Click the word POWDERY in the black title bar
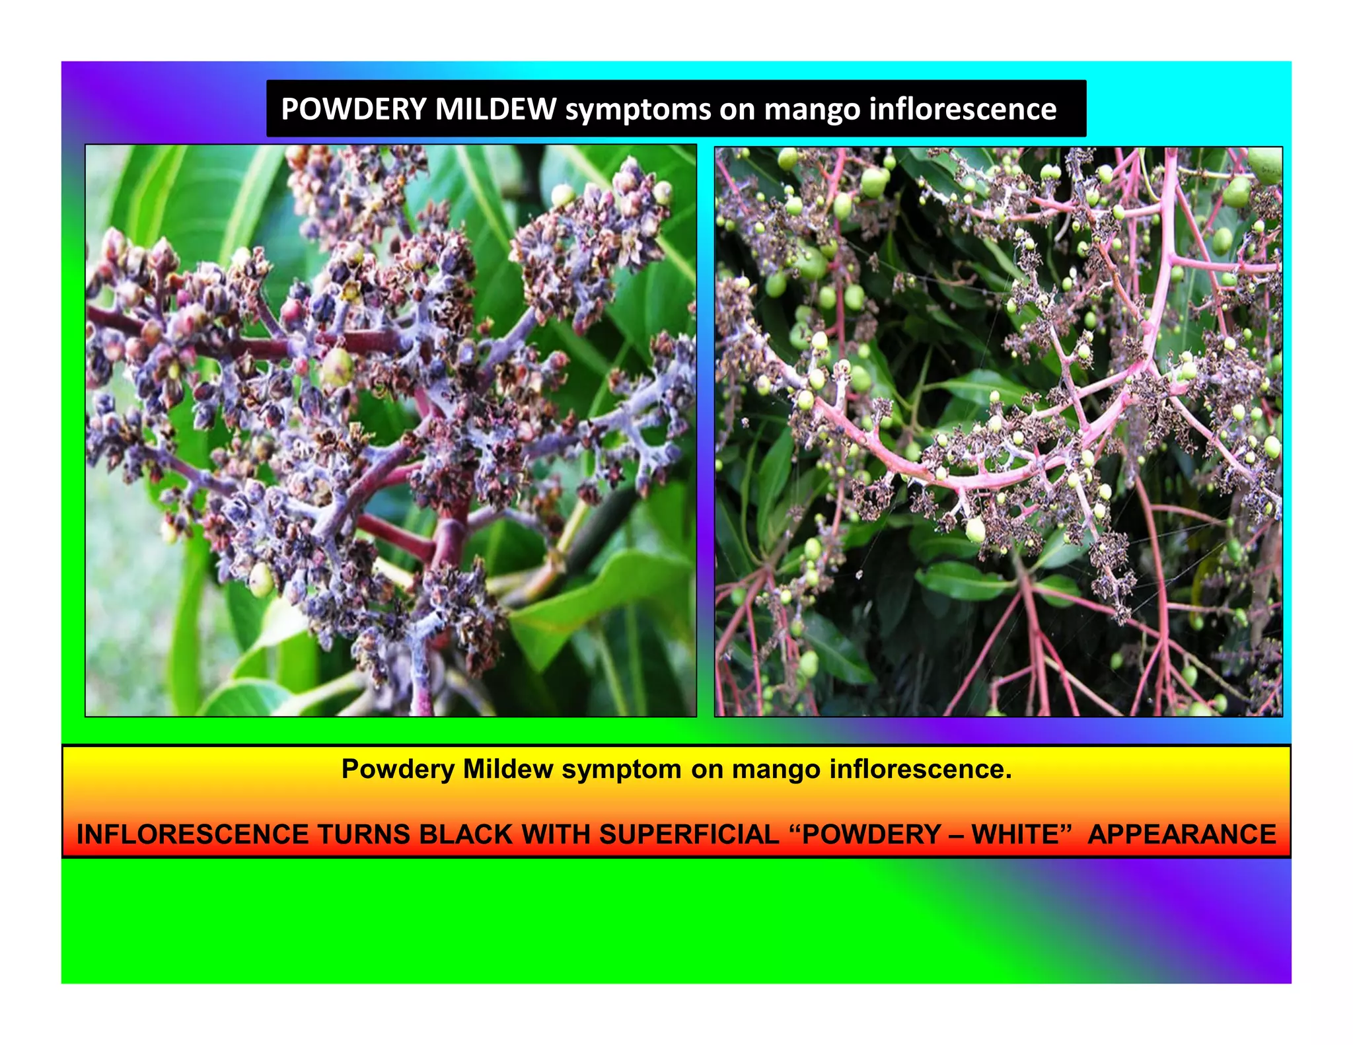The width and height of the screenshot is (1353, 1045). [353, 109]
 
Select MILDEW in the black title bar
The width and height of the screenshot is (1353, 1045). [495, 109]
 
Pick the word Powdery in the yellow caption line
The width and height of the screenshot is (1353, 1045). [398, 770]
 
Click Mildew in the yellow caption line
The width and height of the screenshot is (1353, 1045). [507, 769]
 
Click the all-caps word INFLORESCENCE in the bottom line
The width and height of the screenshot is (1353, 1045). [192, 834]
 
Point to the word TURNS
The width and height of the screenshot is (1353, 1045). [363, 834]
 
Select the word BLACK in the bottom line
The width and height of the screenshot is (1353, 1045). [466, 834]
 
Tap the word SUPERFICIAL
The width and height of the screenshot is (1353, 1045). [689, 834]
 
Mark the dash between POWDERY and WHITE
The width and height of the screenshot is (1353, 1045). [956, 835]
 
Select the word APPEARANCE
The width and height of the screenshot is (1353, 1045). [1182, 834]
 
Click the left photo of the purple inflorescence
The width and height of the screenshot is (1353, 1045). [390, 430]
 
